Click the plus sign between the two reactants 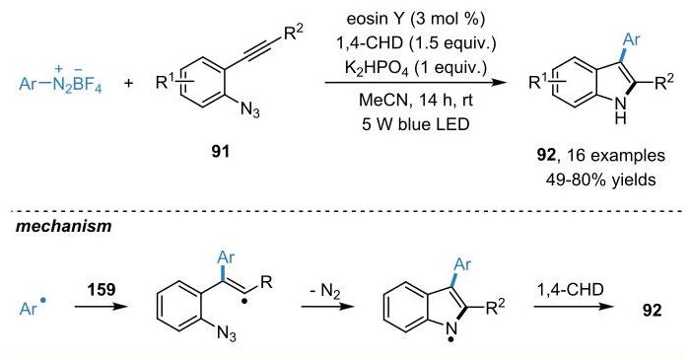click(129, 83)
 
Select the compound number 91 click(220, 151)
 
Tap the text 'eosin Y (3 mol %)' click(416, 19)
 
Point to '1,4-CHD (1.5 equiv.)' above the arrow click(416, 42)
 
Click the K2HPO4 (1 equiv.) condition click(416, 68)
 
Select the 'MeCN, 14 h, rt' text click(416, 100)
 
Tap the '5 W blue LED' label click(416, 124)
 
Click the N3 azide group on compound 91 click(249, 109)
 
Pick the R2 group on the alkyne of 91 click(294, 34)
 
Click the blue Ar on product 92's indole click(631, 39)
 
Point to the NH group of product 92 click(620, 109)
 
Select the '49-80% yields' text click(600, 180)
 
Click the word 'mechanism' click(63, 226)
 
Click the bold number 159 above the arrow click(101, 290)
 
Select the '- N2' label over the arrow click(324, 292)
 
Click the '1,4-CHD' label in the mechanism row click(570, 290)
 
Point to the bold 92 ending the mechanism click(652, 310)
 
